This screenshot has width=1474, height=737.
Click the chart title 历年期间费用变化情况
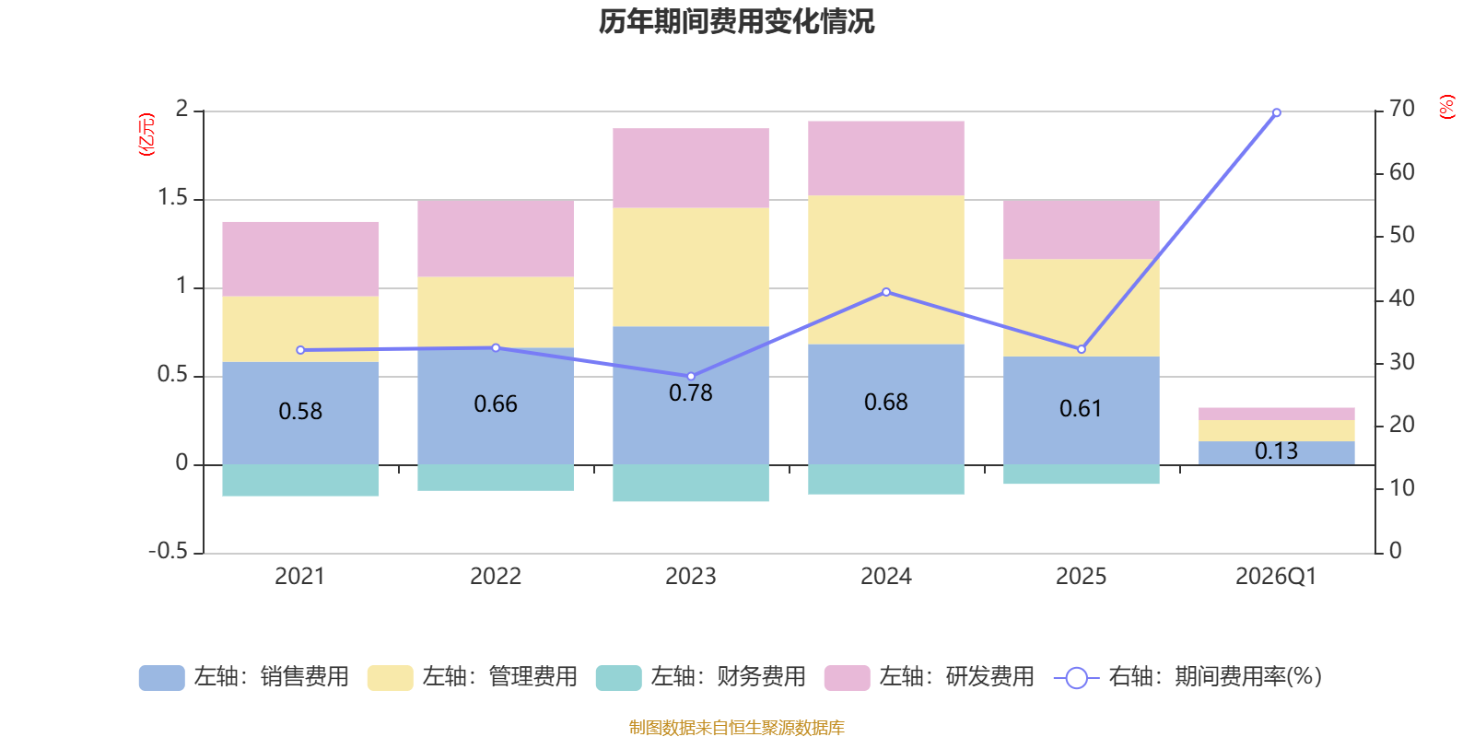coord(736,21)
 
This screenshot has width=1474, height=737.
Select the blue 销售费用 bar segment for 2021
coord(300,433)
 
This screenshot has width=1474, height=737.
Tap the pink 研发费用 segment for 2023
coord(691,168)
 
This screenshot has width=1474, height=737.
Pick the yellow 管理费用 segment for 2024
coord(886,269)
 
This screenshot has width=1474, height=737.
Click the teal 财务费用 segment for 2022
coord(496,477)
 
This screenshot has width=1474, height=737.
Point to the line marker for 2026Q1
coord(1277,112)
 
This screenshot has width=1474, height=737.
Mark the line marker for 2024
coord(886,292)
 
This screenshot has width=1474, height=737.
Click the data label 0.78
coord(691,393)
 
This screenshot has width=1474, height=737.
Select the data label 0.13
coord(1276,451)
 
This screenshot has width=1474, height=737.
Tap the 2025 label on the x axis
coord(1081,577)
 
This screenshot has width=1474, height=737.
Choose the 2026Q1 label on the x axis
coord(1276,577)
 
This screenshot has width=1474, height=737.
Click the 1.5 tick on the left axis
coord(172,198)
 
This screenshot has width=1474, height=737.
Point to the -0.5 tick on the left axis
coord(168,551)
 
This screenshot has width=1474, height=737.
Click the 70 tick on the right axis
coord(1402,109)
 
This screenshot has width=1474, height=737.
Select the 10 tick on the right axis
coord(1402,488)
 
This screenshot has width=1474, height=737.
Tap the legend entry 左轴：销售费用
coord(244,677)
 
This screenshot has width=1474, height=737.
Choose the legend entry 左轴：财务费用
coord(701,677)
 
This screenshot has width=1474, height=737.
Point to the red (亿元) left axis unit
coord(146,135)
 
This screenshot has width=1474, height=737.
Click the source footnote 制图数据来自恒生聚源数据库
coord(736,728)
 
